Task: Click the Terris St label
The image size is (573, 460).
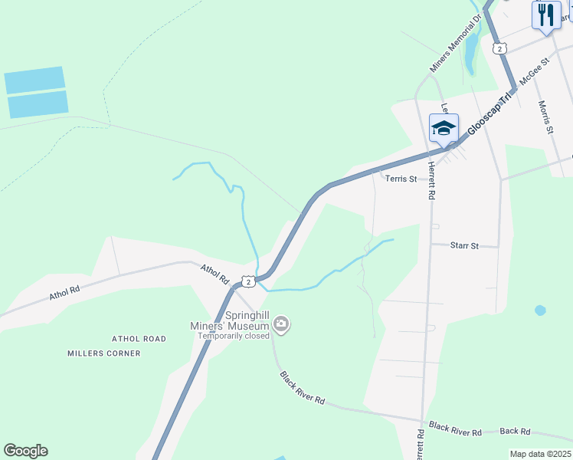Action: point(401,179)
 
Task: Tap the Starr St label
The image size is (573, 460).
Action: point(464,246)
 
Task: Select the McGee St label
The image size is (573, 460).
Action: point(535,71)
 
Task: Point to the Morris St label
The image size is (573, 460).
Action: point(545,117)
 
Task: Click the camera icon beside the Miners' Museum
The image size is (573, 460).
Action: point(281,324)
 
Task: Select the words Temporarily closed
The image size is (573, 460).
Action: point(234,336)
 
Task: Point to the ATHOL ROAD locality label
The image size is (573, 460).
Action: point(139,339)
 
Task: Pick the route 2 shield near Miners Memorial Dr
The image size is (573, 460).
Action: point(499,48)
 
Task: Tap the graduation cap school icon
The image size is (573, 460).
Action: point(444,127)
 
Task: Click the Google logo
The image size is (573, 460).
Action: point(25,451)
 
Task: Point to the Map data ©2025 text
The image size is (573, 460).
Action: point(540,454)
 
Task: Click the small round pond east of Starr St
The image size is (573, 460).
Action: point(540,310)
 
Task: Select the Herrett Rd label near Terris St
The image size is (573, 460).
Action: point(431,182)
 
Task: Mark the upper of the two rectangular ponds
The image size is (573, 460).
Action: point(34,80)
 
